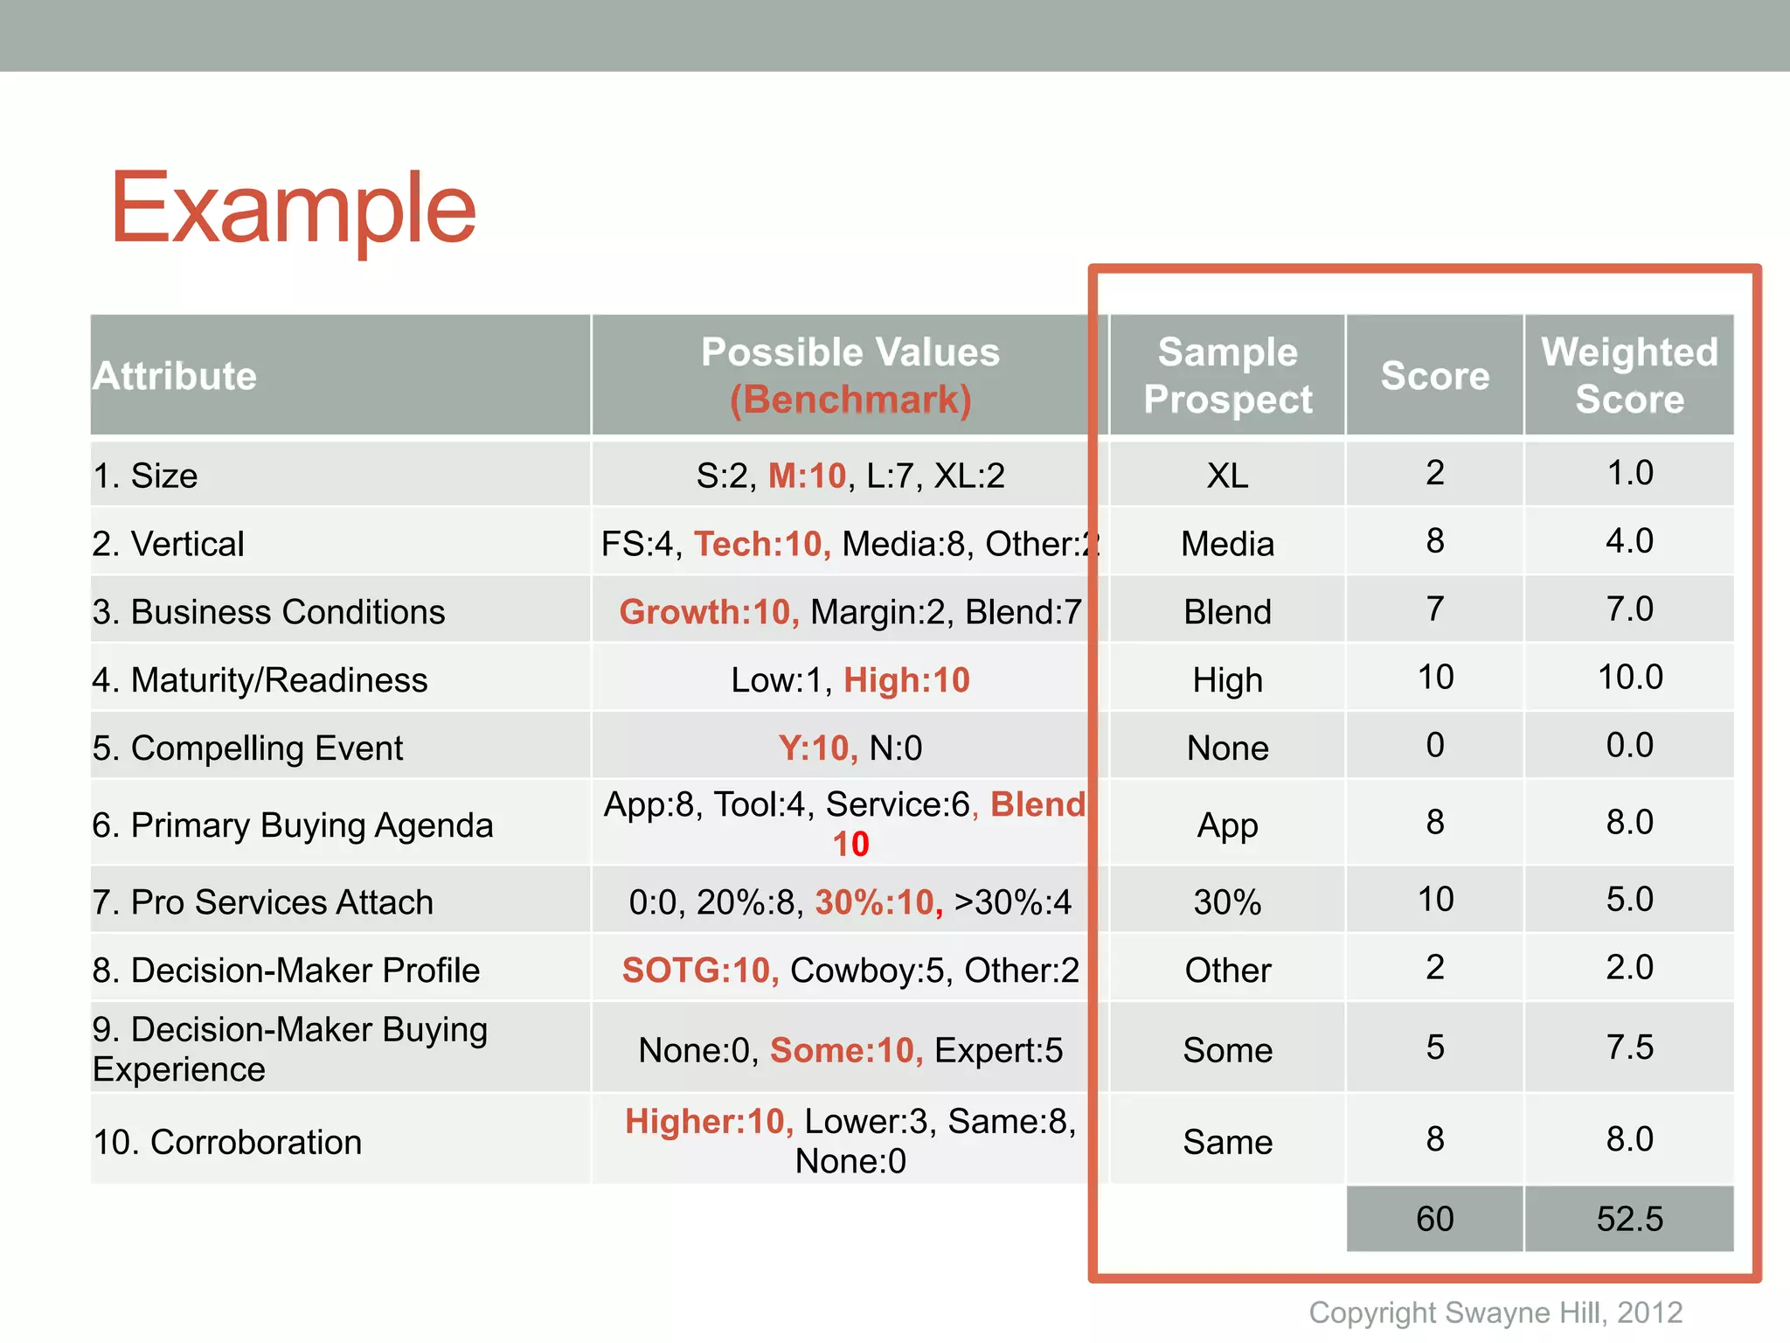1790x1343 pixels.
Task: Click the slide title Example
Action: coord(293,208)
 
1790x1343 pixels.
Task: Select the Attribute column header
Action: coord(175,376)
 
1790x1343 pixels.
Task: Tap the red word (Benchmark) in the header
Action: coord(850,400)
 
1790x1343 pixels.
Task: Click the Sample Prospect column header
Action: coord(1227,376)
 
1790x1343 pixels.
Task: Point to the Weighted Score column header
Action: coord(1629,376)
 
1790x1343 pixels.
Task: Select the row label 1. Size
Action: coord(146,476)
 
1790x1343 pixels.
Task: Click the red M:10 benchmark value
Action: coord(807,476)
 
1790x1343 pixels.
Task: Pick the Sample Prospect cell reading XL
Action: coord(1227,476)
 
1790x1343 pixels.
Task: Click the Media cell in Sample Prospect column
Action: coord(1227,544)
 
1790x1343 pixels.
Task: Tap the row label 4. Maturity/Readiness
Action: coord(260,680)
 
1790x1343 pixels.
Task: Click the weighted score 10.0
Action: coord(1629,677)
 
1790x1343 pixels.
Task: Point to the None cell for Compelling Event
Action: coord(1227,748)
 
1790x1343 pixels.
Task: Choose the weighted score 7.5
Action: coord(1629,1047)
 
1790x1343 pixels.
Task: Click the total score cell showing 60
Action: coord(1434,1219)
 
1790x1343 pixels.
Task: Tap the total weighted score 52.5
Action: coord(1629,1219)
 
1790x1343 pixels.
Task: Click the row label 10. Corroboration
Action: coord(227,1142)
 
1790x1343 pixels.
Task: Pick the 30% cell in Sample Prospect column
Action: coord(1227,902)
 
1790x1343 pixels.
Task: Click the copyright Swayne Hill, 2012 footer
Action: coord(1495,1312)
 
